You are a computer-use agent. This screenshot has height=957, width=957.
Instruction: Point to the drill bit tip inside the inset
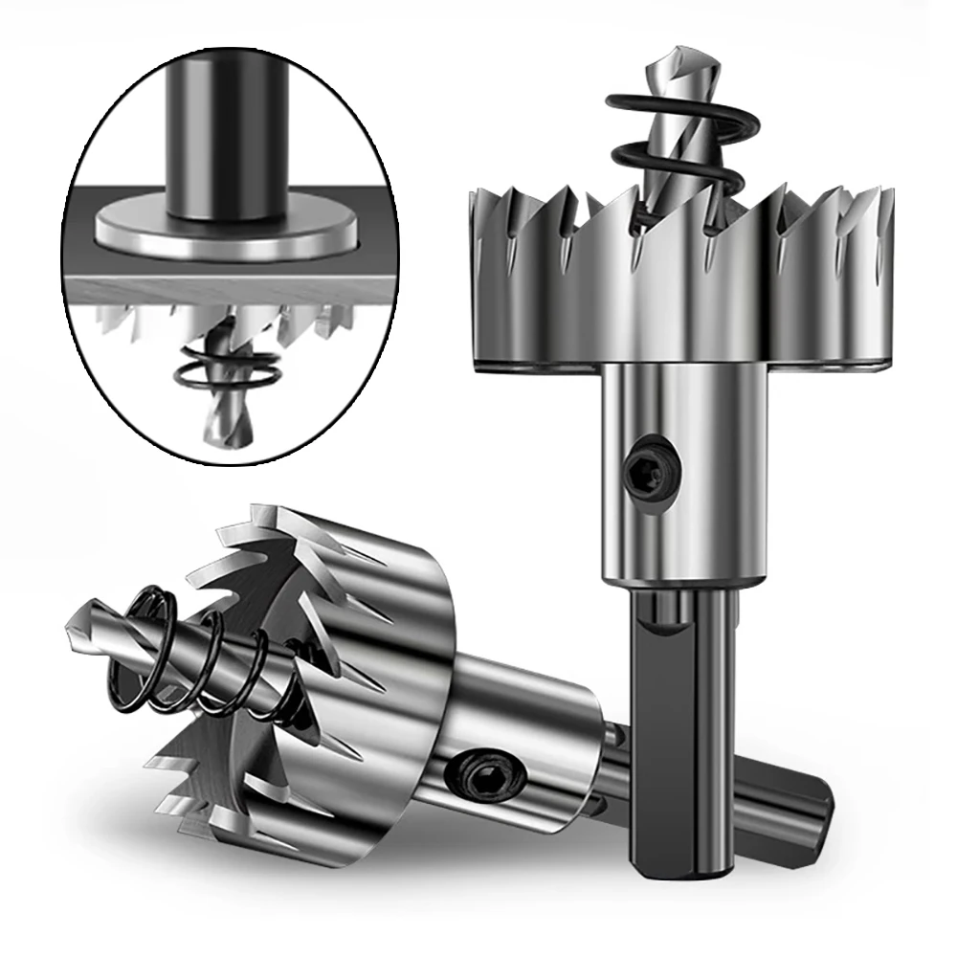tap(222, 431)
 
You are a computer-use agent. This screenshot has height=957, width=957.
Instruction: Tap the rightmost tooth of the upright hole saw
tap(885, 211)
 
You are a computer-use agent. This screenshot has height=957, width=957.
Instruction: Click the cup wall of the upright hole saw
tap(670, 306)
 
